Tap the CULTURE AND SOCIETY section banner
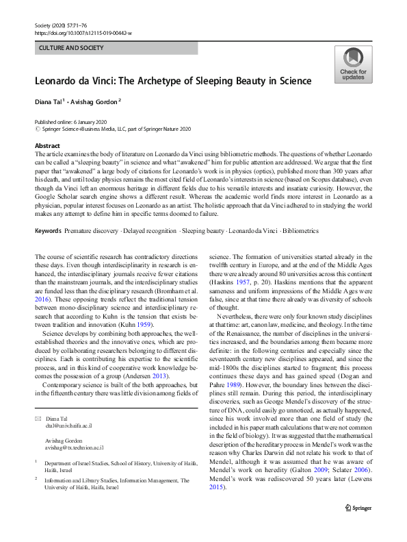72,48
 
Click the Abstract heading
48,146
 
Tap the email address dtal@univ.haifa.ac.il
70,425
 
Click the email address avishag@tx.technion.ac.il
76,446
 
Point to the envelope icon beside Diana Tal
38,418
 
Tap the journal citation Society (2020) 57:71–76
64,25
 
